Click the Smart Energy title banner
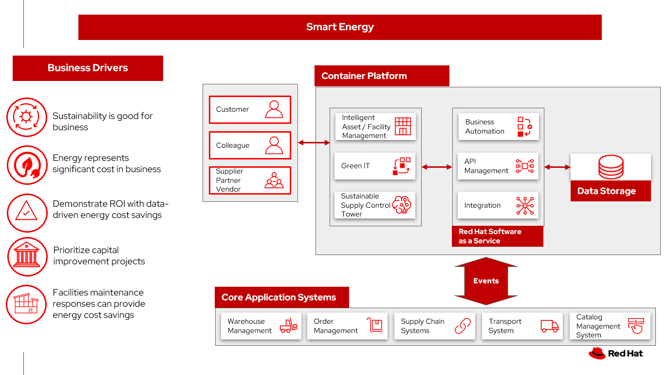[x=340, y=27]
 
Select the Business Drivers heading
[x=88, y=68]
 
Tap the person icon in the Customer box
[x=274, y=109]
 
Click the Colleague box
[x=250, y=145]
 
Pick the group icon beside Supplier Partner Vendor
[x=274, y=180]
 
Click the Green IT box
[x=375, y=166]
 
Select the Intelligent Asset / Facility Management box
[x=375, y=127]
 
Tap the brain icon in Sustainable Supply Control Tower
[x=402, y=205]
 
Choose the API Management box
[x=498, y=166]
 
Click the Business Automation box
[x=498, y=127]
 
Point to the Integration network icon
[x=525, y=206]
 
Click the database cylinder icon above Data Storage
[x=611, y=167]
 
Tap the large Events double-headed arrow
[x=485, y=281]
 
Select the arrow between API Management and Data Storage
[x=557, y=167]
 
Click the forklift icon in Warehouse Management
[x=288, y=326]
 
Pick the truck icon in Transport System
[x=550, y=326]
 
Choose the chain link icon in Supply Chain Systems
[x=463, y=326]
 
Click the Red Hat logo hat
[x=597, y=354]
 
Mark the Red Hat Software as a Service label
[x=497, y=237]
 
